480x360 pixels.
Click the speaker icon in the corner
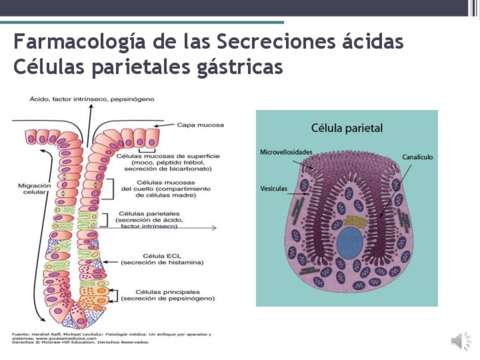tap(460, 341)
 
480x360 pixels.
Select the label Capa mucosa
tap(200, 125)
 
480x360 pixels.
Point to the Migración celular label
tap(35, 189)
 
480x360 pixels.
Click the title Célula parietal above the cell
tap(346, 128)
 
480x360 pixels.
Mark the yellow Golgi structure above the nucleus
tap(356, 221)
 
